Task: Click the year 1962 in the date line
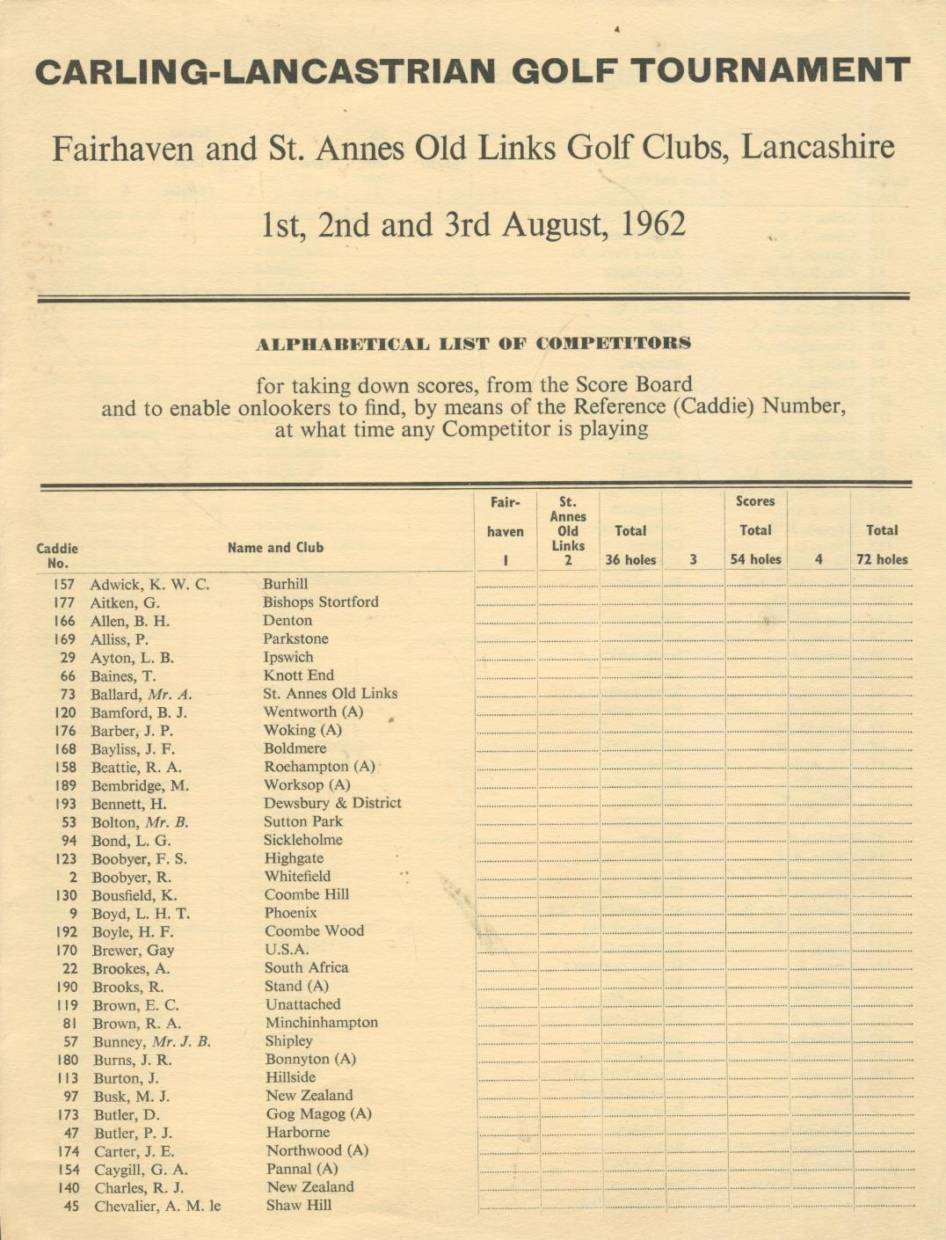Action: pos(652,225)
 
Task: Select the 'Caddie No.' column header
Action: pos(57,555)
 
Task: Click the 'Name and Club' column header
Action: pos(275,547)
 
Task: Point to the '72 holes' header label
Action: pos(882,559)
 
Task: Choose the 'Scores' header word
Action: pos(755,501)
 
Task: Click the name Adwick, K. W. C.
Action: pos(149,584)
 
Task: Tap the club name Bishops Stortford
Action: pos(320,602)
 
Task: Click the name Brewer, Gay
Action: pos(133,950)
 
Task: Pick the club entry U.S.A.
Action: pos(287,950)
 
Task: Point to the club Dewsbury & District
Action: pos(332,803)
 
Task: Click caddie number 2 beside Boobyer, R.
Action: pos(72,877)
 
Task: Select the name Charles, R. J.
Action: pos(139,1187)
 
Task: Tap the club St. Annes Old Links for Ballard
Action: pos(330,694)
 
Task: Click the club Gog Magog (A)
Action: pos(319,1114)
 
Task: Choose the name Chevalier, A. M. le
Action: pos(156,1206)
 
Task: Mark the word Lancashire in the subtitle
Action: pos(818,147)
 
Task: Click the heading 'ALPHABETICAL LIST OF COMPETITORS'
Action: pos(473,344)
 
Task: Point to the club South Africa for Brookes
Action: pos(307,967)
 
